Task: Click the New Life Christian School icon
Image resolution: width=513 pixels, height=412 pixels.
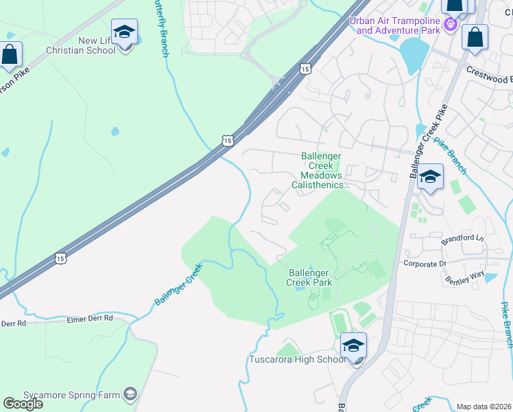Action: (124, 33)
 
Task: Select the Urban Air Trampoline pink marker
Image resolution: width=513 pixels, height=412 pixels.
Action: (451, 25)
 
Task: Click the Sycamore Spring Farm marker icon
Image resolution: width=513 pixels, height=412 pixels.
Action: (130, 393)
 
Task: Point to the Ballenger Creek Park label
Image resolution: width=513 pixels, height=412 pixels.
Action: (309, 277)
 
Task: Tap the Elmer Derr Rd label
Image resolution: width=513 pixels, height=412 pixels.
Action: (89, 319)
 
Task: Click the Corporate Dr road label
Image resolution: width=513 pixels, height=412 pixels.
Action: (425, 263)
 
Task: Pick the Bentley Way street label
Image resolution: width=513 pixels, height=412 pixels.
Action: (464, 276)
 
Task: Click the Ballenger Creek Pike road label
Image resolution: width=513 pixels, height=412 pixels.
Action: (429, 141)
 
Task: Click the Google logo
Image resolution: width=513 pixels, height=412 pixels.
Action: (23, 404)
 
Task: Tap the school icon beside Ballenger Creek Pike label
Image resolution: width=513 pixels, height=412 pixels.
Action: (430, 177)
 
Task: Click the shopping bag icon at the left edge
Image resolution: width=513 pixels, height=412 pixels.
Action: (10, 55)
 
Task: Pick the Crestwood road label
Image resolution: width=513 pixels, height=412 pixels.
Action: (489, 70)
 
